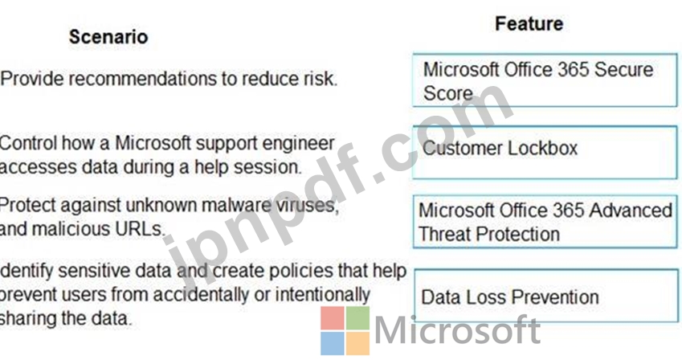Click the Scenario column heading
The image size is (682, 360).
[x=108, y=37]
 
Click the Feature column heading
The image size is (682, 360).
[x=529, y=23]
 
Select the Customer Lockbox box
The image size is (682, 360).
[x=545, y=153]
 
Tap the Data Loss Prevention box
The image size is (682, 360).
[x=546, y=296]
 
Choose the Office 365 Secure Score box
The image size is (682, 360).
[x=545, y=80]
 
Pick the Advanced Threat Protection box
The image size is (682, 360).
[x=545, y=222]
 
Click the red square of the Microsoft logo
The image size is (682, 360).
[x=333, y=318]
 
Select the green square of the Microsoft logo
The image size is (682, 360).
[x=358, y=318]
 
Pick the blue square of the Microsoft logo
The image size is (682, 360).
[x=333, y=343]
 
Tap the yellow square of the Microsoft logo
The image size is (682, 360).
[x=358, y=343]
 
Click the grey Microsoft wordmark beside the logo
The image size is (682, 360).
[x=457, y=331]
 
